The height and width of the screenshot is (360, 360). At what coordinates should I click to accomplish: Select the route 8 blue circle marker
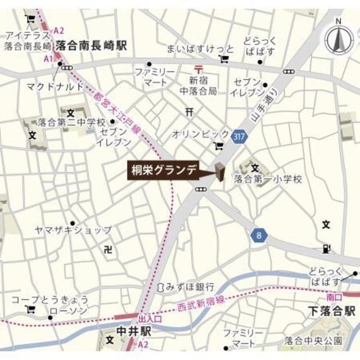tap(259, 236)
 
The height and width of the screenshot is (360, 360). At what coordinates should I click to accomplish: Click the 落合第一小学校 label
tap(268, 180)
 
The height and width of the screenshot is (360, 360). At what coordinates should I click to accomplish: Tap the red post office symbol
tap(195, 69)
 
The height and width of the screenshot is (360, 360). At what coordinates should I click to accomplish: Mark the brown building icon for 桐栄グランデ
tap(219, 172)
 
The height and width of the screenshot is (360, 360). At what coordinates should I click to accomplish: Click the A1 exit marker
tap(48, 58)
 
